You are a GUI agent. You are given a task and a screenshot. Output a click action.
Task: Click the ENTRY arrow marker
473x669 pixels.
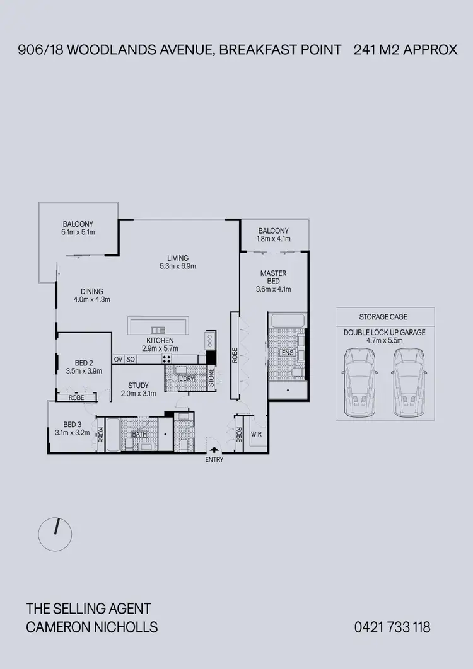coord(215,450)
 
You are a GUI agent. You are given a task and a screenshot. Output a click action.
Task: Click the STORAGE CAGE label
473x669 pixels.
coord(383,317)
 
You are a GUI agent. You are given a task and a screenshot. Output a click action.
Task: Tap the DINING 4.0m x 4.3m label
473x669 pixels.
coord(92,295)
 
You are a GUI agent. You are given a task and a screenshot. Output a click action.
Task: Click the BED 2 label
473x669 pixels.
coord(84,367)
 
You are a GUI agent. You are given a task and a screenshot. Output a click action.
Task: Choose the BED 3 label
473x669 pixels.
coord(73,428)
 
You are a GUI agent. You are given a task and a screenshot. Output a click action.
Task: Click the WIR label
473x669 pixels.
coord(256,435)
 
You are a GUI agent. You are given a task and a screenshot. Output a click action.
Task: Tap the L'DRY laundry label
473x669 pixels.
coord(187,379)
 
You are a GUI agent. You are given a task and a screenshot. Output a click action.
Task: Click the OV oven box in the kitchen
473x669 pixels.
coord(118,359)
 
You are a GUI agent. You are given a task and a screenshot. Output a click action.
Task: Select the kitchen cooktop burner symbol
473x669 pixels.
coord(168,359)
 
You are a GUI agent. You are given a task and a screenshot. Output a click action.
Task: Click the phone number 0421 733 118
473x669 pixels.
coord(392,627)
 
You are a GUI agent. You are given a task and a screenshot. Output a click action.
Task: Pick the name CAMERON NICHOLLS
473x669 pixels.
coord(92,627)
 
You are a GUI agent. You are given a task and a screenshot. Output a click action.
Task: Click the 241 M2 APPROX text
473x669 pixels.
coord(406,50)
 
